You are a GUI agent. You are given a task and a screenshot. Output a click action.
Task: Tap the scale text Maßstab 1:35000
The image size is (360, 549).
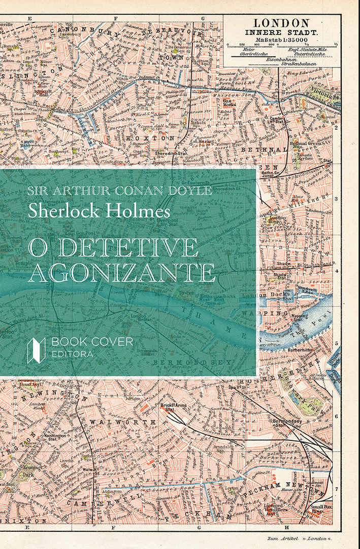click(x=281, y=40)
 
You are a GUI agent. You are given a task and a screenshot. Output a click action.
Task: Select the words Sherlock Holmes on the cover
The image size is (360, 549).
click(x=99, y=210)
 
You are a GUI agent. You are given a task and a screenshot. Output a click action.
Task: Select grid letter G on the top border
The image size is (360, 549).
click(x=203, y=18)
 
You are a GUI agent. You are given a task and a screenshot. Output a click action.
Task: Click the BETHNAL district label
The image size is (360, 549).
click(x=257, y=150)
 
